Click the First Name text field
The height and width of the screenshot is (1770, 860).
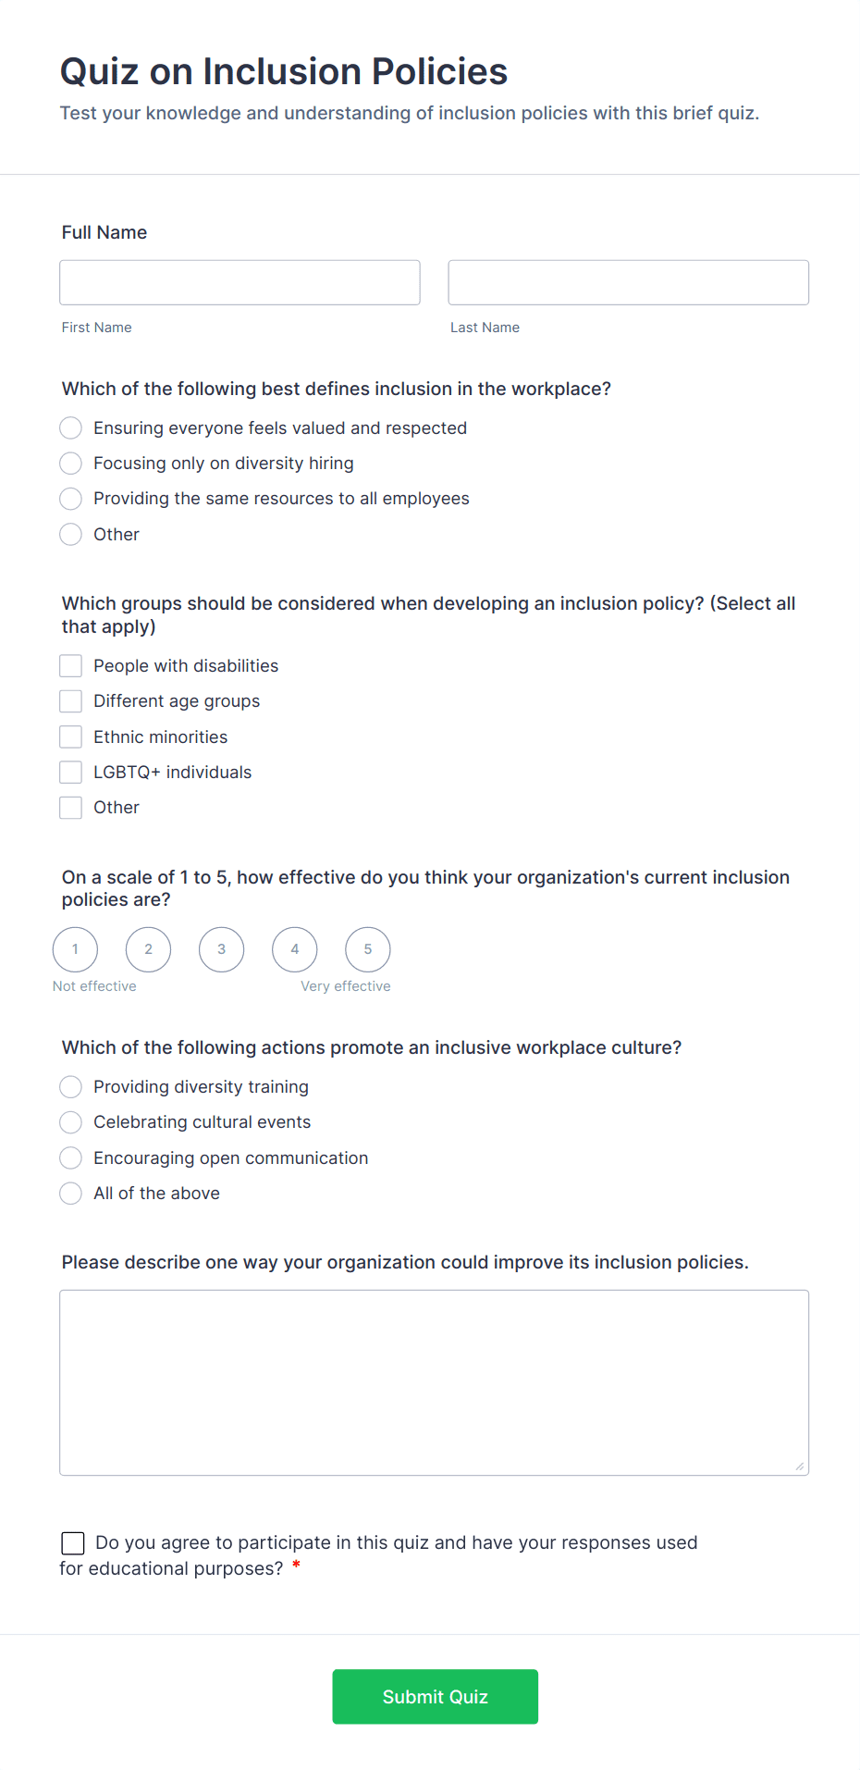coord(240,282)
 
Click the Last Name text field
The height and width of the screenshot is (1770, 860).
coord(628,282)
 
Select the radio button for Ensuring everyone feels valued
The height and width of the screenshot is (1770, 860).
coord(71,427)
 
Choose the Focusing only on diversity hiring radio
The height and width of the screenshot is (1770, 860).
coord(71,463)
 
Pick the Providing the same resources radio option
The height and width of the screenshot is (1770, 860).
coord(71,499)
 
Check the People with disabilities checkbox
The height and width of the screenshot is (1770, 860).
coord(71,666)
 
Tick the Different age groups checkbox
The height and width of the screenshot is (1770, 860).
coord(71,701)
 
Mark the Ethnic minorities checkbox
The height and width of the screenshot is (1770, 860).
coord(71,736)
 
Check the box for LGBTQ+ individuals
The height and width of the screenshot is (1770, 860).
coord(71,772)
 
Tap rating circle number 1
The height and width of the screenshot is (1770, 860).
coord(75,949)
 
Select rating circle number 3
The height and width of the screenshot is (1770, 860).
coord(221,949)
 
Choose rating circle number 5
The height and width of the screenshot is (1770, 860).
coord(368,949)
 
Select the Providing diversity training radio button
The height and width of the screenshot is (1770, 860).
coord(71,1086)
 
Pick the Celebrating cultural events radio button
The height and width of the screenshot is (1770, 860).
coord(71,1122)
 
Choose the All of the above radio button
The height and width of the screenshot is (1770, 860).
coord(71,1194)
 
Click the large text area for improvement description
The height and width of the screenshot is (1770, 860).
coord(434,1382)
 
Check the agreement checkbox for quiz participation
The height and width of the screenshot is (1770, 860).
coord(73,1542)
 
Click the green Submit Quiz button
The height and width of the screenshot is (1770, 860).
coord(435,1696)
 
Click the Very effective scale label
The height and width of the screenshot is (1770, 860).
coord(345,986)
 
